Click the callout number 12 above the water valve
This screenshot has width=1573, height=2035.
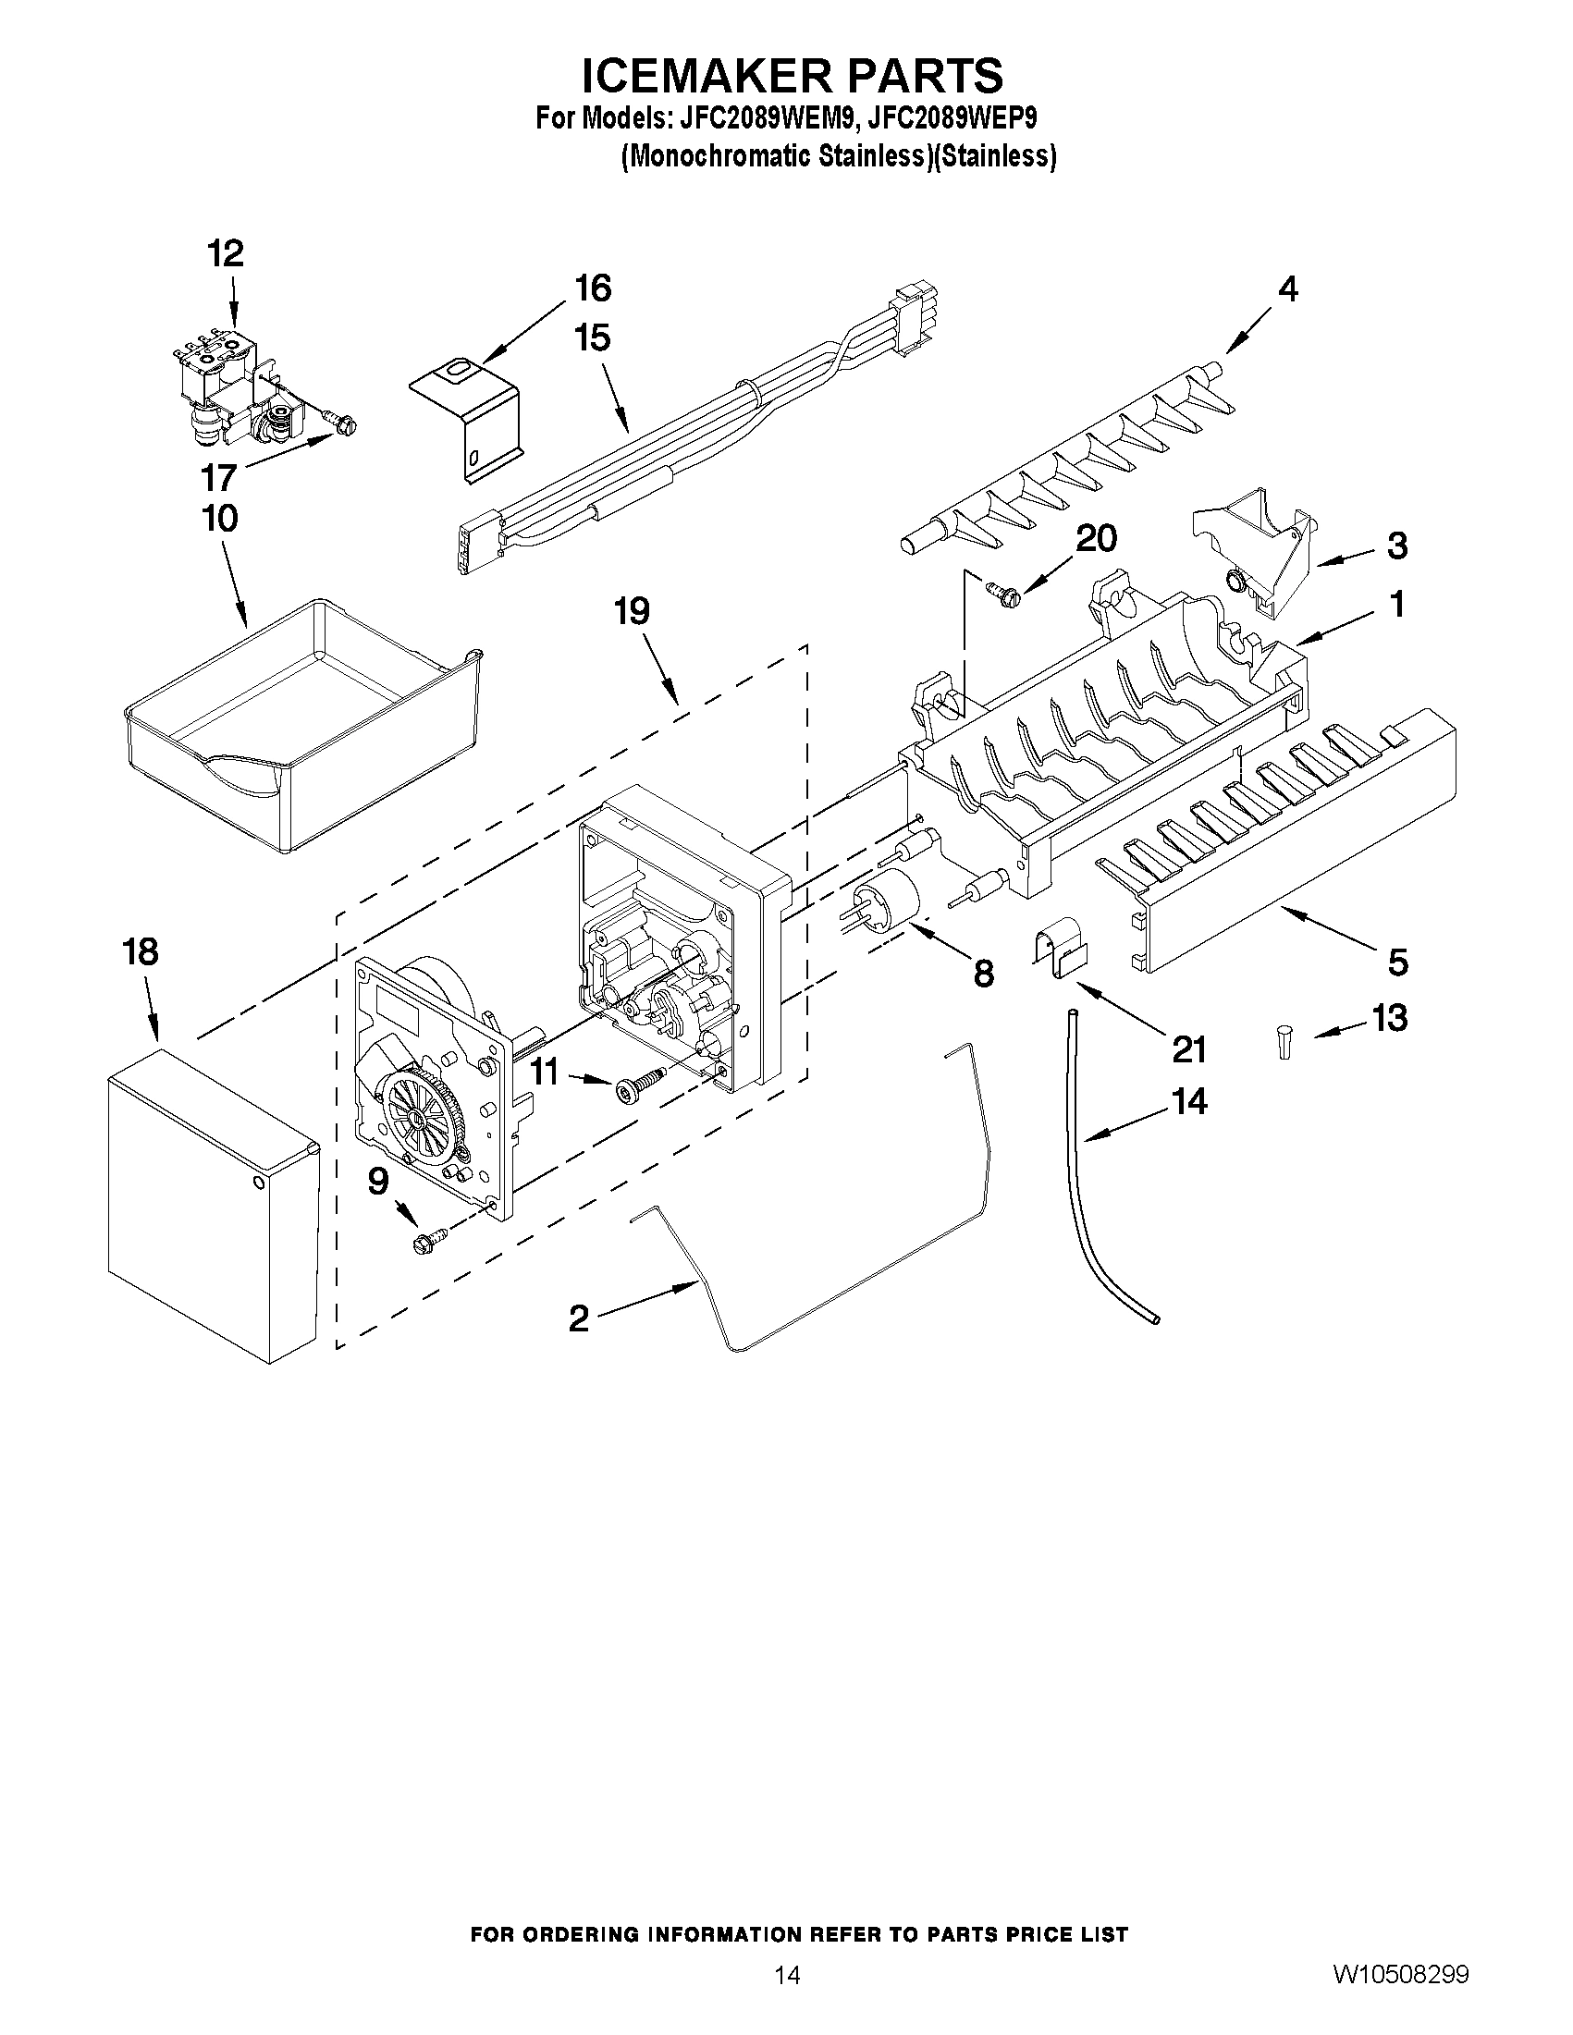(226, 253)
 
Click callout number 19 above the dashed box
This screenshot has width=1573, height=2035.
(631, 612)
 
